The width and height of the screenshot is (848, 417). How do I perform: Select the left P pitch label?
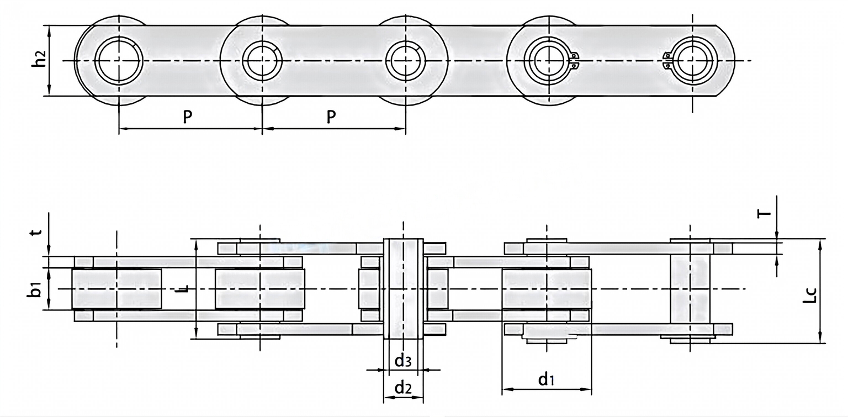[188, 117]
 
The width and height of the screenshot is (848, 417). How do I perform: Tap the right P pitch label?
[331, 117]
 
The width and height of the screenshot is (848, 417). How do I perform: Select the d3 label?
[402, 361]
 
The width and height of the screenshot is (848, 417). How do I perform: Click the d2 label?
[403, 388]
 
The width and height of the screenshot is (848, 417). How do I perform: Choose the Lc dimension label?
[809, 296]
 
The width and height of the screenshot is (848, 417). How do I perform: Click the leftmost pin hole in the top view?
[119, 60]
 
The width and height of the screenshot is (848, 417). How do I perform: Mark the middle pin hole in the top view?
[406, 60]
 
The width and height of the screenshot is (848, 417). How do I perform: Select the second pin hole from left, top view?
[262, 60]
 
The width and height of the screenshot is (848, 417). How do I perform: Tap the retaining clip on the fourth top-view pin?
[574, 60]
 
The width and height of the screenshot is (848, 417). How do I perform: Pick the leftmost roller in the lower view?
[116, 289]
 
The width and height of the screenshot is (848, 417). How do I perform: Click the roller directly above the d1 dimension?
[546, 289]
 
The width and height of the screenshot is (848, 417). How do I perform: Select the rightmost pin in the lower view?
[690, 290]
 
